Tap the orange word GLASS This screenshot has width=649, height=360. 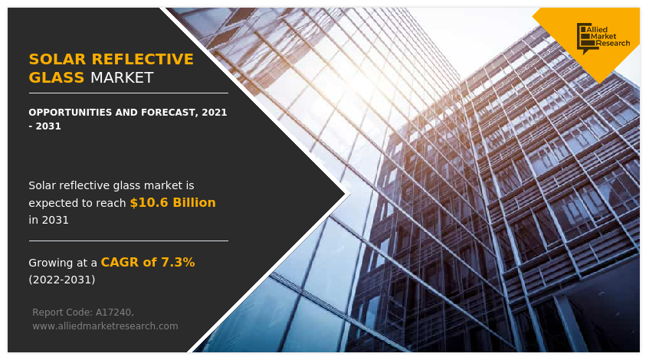pos(56,78)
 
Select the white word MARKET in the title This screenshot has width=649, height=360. pos(122,78)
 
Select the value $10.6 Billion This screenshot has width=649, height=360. pos(172,203)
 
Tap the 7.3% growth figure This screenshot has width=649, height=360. pos(178,263)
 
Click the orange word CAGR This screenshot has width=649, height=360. pos(118,263)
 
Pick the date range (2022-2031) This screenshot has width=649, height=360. pos(62,280)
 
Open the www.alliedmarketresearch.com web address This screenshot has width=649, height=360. pos(105,326)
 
